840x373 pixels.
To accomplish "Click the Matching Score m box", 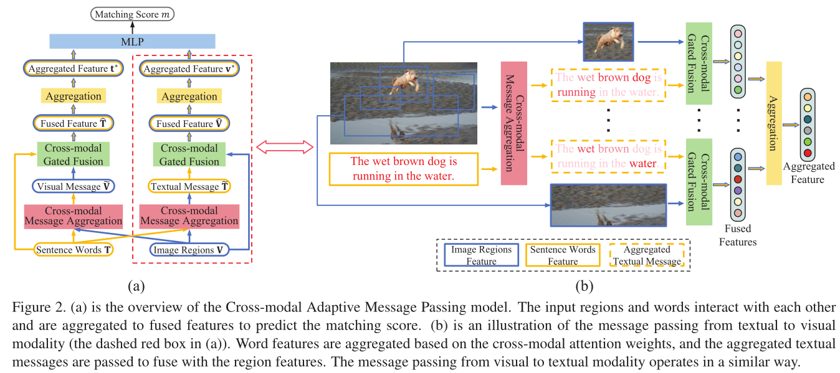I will (x=132, y=13).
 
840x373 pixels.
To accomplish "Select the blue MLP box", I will (x=132, y=41).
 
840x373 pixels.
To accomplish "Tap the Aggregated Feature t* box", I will (x=74, y=68).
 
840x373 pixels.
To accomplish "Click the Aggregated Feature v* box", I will (x=189, y=68).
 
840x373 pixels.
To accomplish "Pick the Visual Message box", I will (x=74, y=186).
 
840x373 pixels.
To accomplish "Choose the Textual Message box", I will (x=189, y=186).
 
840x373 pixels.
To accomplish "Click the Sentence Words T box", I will (x=74, y=250).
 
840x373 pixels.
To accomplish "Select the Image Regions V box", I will (x=189, y=250).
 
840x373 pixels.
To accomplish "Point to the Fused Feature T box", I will (x=74, y=123).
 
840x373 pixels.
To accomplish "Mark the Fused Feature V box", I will (x=189, y=123).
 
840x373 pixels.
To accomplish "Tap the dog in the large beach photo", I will (x=405, y=81).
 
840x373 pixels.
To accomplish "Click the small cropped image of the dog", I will (x=608, y=42).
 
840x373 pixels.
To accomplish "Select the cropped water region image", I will (x=608, y=205).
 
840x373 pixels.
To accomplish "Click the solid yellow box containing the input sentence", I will (x=403, y=169).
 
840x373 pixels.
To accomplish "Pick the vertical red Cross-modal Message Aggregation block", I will (x=513, y=123).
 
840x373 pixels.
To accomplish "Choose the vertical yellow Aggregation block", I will (x=773, y=123).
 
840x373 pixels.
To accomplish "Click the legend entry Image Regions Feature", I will (x=481, y=255).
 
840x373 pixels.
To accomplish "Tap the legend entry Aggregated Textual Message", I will (x=646, y=255).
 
